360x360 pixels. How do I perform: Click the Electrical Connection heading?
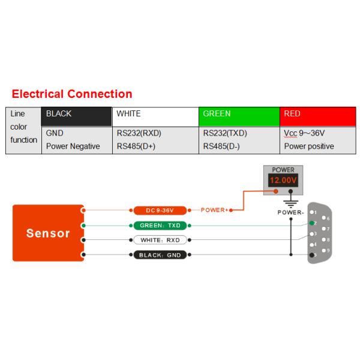coord(72,94)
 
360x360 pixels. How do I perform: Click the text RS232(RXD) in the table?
coord(139,133)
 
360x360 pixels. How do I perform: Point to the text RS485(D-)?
coord(221,146)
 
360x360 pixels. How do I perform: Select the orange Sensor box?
coord(48,233)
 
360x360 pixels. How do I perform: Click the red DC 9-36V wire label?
coord(160,211)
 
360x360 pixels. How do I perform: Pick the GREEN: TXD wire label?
coord(160,226)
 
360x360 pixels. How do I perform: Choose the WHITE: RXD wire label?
coord(160,240)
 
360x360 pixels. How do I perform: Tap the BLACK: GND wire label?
coord(160,255)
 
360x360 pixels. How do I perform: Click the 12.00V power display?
coord(283,181)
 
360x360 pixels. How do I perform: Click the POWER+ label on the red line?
coord(214,211)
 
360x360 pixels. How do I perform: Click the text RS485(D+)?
coord(136,146)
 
